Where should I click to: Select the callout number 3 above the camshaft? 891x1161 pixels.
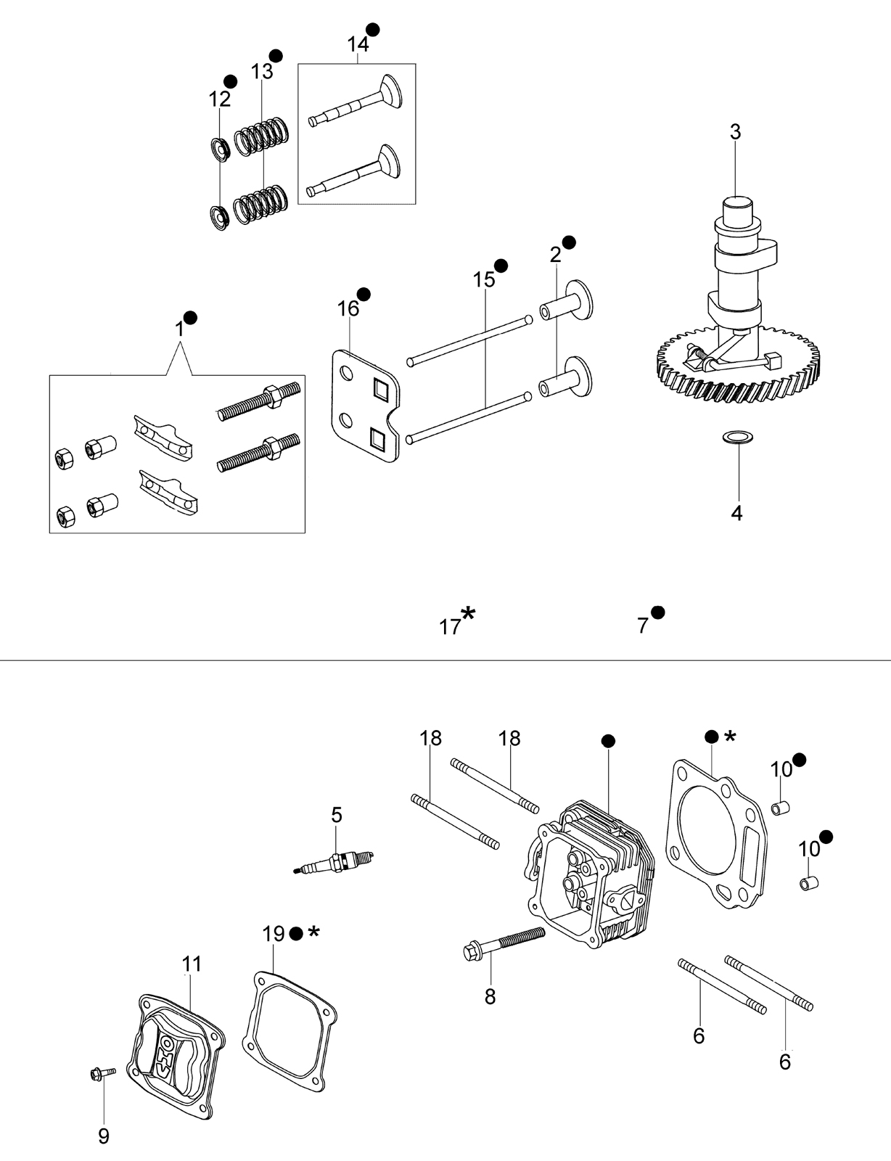[736, 132]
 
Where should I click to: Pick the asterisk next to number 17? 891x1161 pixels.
[468, 613]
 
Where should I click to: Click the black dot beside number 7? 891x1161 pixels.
[658, 612]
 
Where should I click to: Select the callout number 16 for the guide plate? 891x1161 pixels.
[348, 309]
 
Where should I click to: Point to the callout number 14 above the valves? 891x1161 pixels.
[358, 44]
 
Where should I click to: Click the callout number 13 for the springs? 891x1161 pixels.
[262, 72]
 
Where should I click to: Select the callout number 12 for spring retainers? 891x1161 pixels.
[220, 99]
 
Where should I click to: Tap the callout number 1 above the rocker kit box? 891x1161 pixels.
[179, 329]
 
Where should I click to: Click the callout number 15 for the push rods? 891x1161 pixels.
[484, 279]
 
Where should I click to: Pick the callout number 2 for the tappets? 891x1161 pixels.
[556, 255]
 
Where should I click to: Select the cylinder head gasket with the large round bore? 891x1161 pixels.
[715, 834]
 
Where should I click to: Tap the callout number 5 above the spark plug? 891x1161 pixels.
[337, 815]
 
